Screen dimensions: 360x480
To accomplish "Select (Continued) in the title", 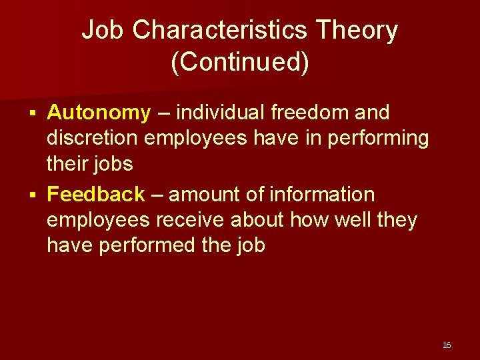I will tap(240, 62).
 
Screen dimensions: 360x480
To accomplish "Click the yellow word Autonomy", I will tap(99, 113).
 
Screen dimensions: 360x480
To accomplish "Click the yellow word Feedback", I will tap(96, 195).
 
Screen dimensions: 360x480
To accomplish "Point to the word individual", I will tap(227, 113).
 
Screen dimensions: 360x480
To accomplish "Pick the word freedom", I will tap(317, 113).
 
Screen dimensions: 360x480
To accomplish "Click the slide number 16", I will tap(447, 345).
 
